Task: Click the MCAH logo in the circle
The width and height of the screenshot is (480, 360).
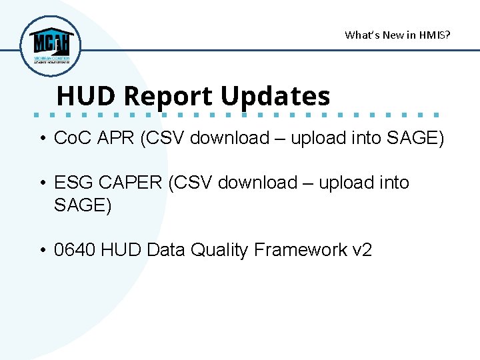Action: click(50, 45)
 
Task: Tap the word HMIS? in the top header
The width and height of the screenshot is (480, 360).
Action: click(435, 35)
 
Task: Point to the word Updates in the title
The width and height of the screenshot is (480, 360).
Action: click(275, 96)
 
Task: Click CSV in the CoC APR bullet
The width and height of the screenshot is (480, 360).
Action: click(171, 139)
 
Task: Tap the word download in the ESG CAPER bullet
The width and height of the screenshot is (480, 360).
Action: click(256, 183)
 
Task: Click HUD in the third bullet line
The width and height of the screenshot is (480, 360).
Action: click(122, 250)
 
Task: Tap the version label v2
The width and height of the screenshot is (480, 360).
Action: click(362, 250)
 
